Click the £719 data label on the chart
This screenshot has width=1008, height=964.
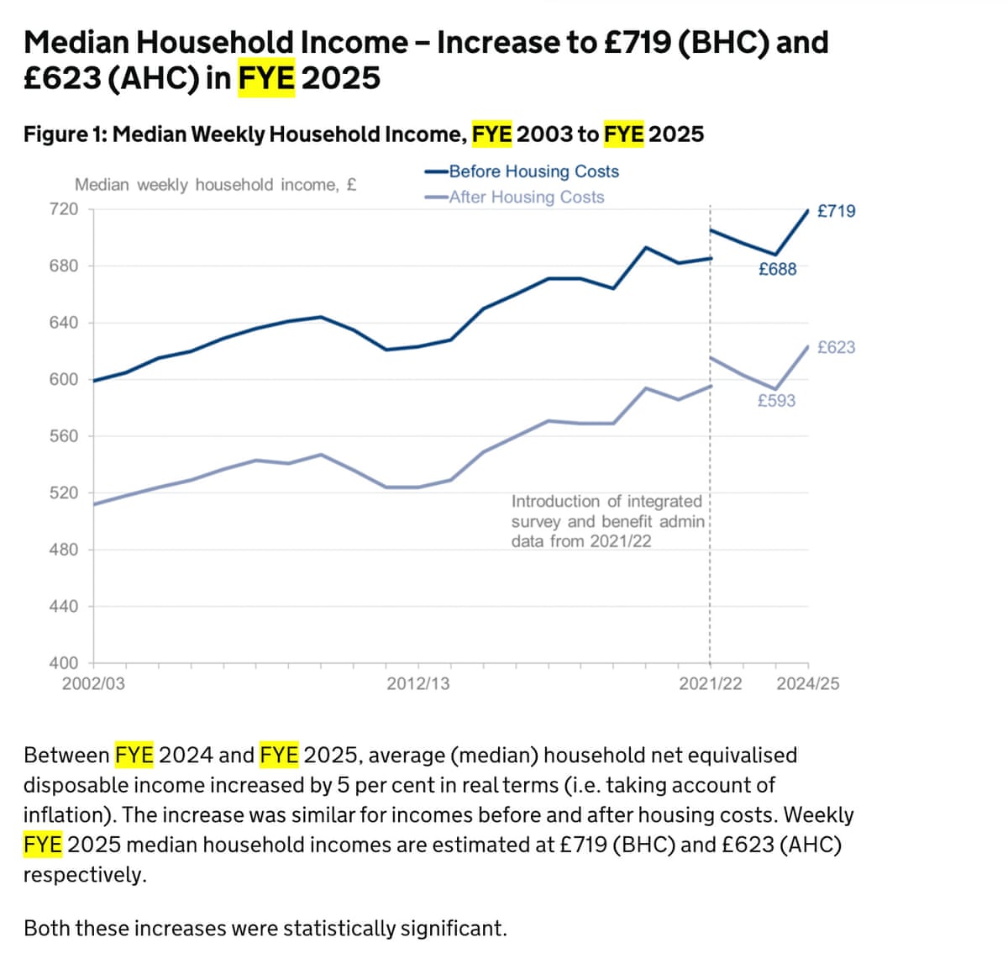pos(836,211)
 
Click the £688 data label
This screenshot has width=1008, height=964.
pos(777,269)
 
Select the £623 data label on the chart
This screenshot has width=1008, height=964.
pos(836,347)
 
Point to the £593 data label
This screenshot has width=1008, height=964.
pos(776,401)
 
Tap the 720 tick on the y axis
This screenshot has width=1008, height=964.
pos(64,208)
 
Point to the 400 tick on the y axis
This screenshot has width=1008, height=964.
pos(64,663)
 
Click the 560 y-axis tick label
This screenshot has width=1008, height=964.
pos(64,435)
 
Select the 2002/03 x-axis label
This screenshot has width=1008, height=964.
pos(93,683)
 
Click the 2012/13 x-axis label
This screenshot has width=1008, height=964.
pos(417,683)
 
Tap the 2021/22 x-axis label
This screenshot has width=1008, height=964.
pos(711,683)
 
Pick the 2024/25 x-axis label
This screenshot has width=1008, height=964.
pos(807,683)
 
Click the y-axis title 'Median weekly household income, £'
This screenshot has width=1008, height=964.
pos(215,185)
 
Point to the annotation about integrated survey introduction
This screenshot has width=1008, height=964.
pos(608,521)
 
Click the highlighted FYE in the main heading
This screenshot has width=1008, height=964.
pos(266,78)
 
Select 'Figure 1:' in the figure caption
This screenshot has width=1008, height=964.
pos(65,134)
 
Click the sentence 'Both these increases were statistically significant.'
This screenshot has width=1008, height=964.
pos(265,928)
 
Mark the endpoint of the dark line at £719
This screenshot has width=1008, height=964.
pos(808,210)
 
